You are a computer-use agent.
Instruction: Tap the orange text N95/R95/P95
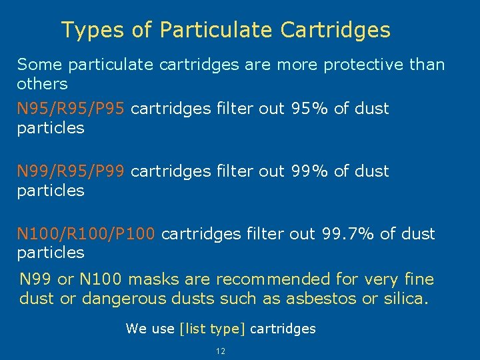point(71,108)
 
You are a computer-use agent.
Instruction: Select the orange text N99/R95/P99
point(71,171)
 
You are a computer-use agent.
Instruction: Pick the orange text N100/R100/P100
point(86,233)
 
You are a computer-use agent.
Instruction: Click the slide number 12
point(221,351)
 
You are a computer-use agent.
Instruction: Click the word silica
point(403,298)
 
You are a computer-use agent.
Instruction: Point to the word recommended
point(273,279)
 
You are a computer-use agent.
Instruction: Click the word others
point(42,84)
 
